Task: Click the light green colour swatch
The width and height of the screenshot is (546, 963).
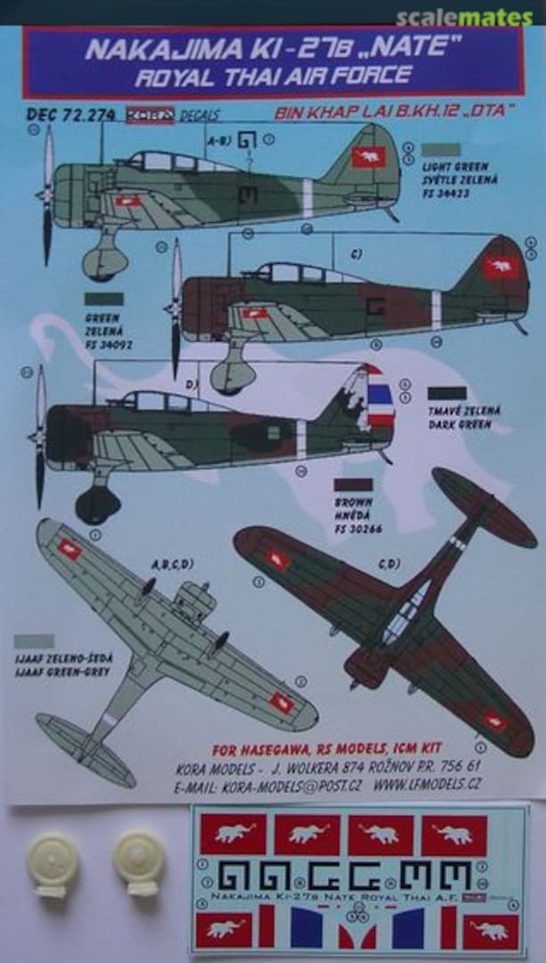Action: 443,150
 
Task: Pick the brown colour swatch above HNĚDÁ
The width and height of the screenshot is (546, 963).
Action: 354,485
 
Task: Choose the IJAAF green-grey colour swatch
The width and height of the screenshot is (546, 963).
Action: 34,641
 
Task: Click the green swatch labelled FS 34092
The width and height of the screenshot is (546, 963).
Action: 104,300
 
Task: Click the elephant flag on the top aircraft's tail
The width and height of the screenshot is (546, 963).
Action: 367,158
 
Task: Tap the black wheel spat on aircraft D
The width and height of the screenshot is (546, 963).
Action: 97,506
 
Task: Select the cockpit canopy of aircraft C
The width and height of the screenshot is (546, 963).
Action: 289,273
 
